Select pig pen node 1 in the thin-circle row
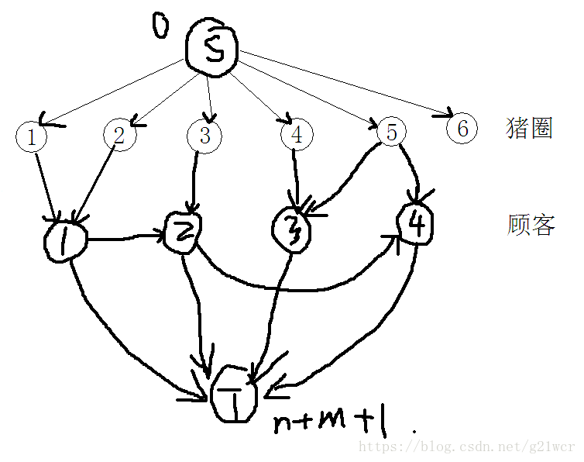coord(31,137)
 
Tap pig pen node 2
coord(119,136)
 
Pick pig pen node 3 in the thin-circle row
coord(204,135)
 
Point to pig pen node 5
coord(391,133)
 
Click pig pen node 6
coord(462,128)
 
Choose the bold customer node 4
coord(414,224)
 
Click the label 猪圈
coord(529,128)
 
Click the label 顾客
coord(531,226)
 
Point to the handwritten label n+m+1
coord(332,422)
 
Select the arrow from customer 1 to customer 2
coord(124,238)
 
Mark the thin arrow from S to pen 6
coord(349,85)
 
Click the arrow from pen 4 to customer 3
coord(296,178)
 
